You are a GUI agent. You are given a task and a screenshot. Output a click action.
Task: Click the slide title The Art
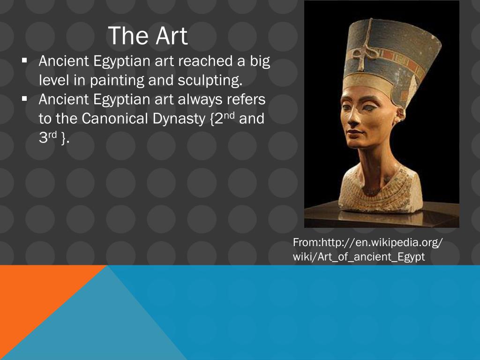click(x=148, y=36)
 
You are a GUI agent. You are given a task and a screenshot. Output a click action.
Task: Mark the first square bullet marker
click(x=24, y=60)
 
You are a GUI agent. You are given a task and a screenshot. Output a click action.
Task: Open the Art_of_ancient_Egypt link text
click(x=370, y=257)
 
